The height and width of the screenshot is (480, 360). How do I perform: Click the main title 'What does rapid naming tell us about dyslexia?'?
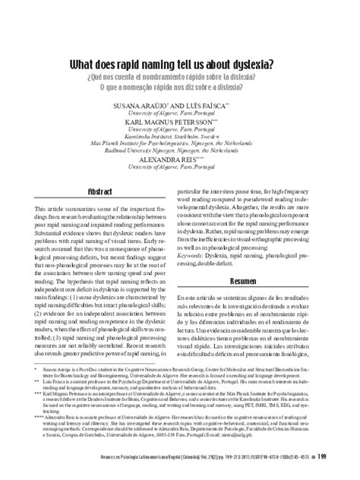pos(180,65)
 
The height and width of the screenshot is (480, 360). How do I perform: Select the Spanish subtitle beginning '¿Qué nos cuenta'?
pos(180,78)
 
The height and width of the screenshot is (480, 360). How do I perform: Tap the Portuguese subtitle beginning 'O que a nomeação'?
pos(180,88)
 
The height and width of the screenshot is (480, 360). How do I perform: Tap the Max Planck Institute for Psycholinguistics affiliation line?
pos(180,146)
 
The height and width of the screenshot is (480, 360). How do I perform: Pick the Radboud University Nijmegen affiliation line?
pos(180,153)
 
